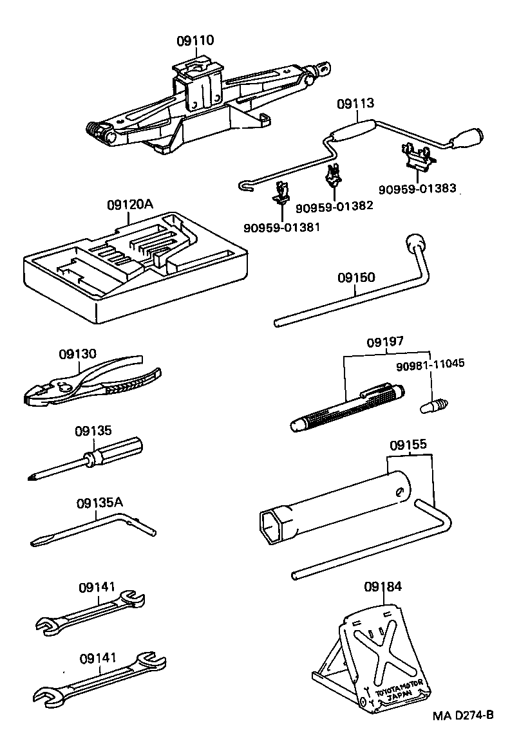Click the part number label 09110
195,41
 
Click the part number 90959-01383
417,189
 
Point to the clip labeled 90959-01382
333,175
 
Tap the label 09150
356,277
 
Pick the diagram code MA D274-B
463,715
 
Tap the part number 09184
382,586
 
